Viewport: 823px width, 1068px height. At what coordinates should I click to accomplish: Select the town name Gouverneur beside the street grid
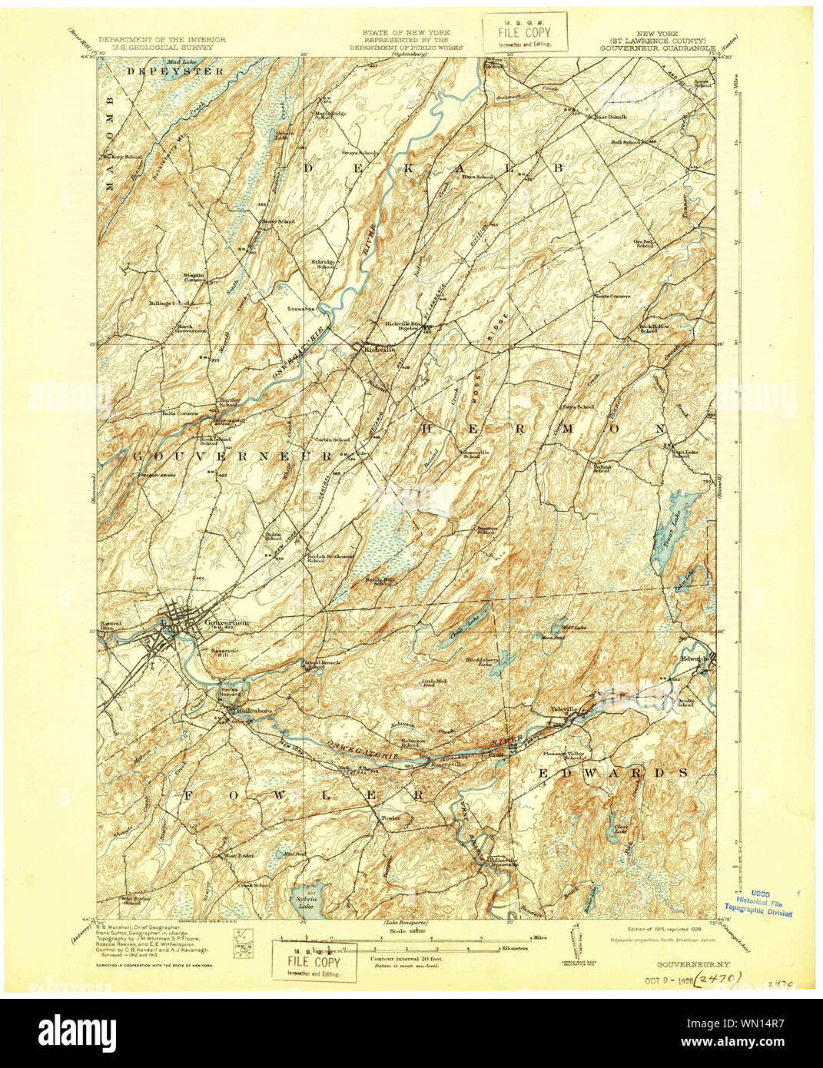pos(228,622)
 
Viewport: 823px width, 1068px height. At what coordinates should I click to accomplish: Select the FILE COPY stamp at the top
pos(524,33)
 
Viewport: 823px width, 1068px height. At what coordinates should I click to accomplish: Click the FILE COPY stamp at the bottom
pos(314,962)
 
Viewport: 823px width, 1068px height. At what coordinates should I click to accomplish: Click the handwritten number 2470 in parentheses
pos(719,977)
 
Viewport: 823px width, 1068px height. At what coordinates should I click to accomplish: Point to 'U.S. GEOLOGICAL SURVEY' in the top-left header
pos(161,47)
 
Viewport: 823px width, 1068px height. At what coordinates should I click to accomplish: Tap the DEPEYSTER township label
pos(176,71)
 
